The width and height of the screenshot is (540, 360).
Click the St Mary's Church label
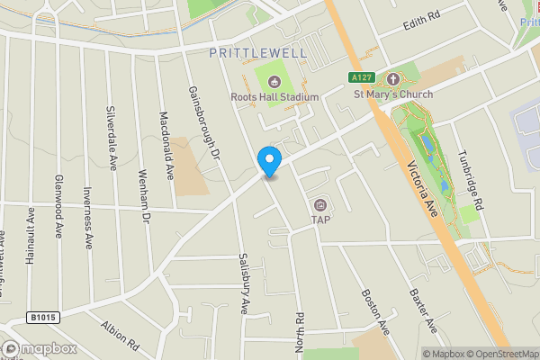[x=392, y=94]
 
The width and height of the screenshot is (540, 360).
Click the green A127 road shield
[x=362, y=79]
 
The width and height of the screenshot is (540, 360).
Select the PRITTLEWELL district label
[x=257, y=53]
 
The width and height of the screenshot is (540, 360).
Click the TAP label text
[x=320, y=219]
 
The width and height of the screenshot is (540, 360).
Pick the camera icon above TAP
[x=320, y=203]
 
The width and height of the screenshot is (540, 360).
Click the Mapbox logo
[x=40, y=348]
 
